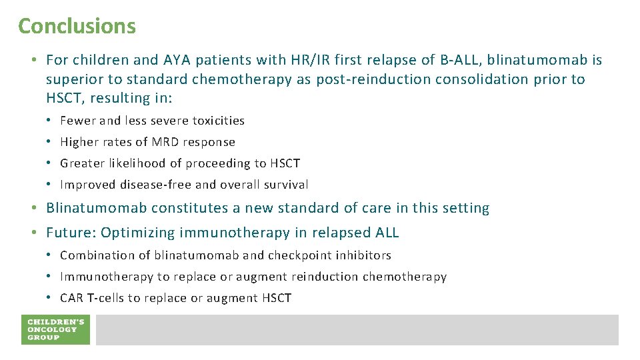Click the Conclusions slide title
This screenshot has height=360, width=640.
(77, 26)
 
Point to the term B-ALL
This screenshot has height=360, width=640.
(459, 60)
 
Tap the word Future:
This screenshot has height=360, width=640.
(67, 233)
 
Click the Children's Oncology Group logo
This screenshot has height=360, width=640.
(55, 329)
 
